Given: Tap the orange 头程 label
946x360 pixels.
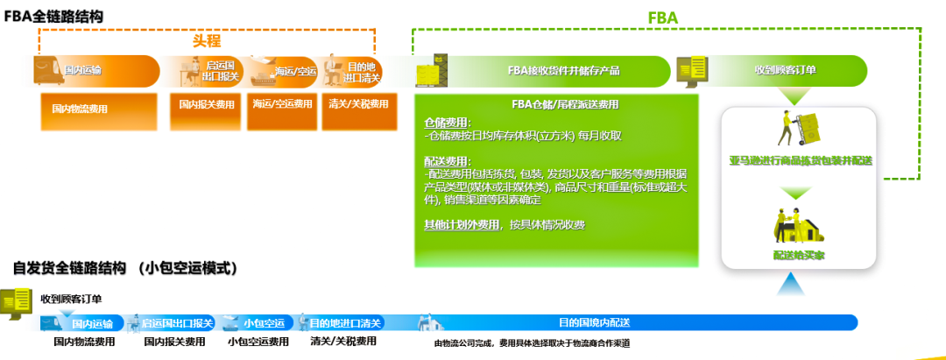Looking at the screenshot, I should [x=207, y=40].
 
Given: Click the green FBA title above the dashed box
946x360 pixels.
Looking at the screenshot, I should [x=662, y=17].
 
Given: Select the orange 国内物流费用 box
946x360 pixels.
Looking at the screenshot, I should [x=80, y=109].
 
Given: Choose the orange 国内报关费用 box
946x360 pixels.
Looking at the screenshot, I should [x=207, y=104].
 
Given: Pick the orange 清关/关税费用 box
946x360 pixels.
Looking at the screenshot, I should [x=357, y=104].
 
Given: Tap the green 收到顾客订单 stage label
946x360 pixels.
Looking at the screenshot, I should [x=785, y=70].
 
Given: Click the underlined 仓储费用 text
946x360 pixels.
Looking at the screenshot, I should [x=447, y=123].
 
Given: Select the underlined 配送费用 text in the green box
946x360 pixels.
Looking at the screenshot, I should [x=447, y=161].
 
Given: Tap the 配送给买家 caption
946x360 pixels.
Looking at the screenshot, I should [x=799, y=255].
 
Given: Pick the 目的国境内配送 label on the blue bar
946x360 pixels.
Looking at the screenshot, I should [x=595, y=322].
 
